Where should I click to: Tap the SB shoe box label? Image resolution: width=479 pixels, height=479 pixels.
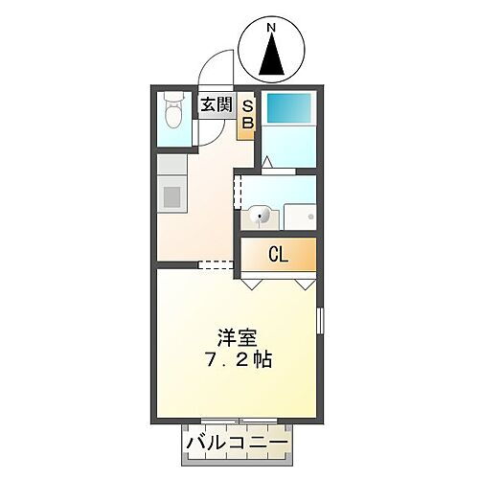tap(246, 114)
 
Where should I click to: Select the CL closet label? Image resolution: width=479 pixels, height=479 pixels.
tap(278, 255)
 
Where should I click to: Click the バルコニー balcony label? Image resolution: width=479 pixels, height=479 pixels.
tap(235, 444)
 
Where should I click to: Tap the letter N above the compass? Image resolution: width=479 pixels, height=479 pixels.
tap(271, 29)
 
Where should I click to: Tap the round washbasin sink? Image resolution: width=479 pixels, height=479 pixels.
tap(258, 217)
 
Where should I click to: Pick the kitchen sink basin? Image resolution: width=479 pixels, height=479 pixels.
tap(173, 196)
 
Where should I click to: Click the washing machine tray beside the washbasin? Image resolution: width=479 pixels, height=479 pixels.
tap(299, 217)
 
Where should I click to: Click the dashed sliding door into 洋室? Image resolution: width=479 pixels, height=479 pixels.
tap(217, 264)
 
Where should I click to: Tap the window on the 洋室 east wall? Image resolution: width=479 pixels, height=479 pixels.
tap(321, 321)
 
